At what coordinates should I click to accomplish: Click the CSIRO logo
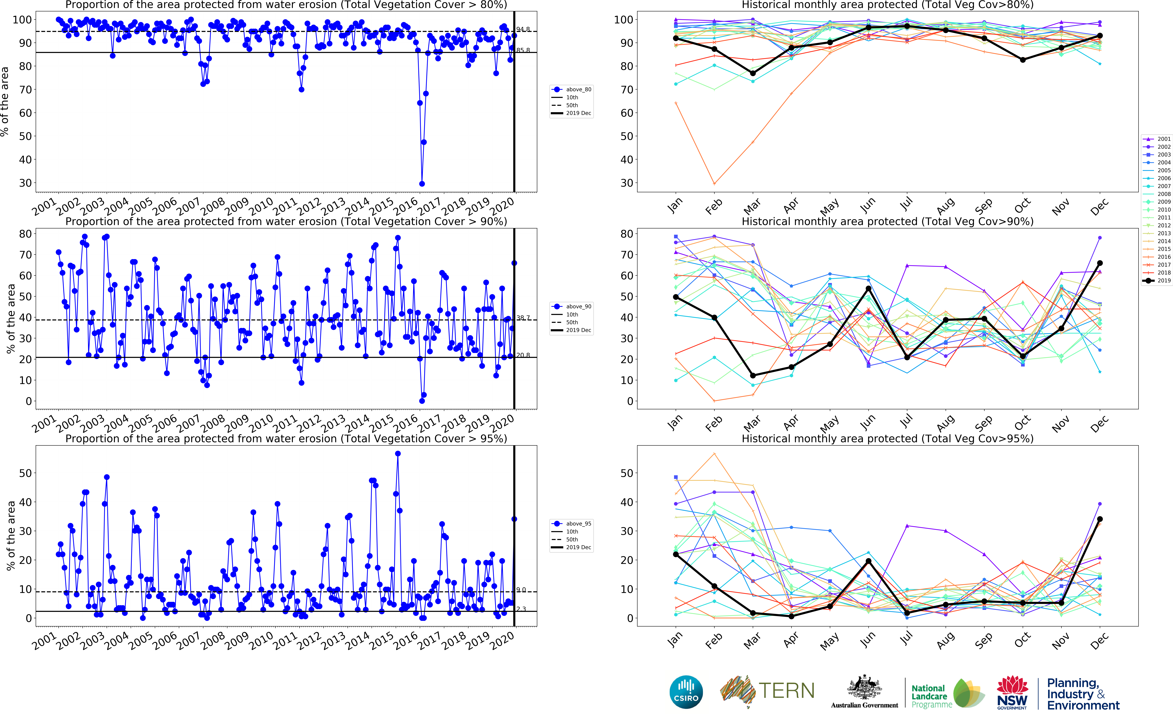[x=686, y=692]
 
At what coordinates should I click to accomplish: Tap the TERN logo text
[x=786, y=690]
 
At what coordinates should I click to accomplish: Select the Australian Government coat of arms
[x=864, y=689]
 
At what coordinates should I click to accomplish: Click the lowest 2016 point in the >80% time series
[x=422, y=184]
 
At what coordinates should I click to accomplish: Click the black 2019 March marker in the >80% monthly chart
[x=753, y=73]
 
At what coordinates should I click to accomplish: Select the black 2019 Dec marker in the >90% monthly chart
[x=1100, y=263]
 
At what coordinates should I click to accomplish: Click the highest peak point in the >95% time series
[x=398, y=454]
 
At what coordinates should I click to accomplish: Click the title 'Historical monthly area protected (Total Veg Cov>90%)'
[x=887, y=221]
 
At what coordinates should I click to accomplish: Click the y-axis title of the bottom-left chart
[x=11, y=536]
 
